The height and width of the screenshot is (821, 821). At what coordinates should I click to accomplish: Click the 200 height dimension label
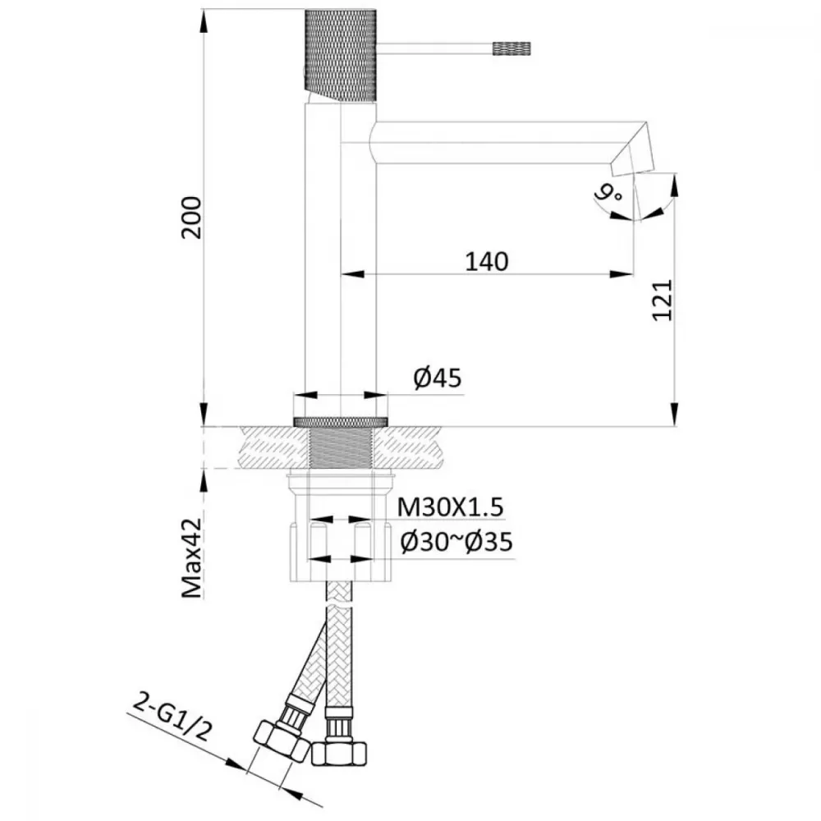click(191, 218)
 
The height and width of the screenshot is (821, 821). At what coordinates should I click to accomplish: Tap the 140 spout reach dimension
click(486, 261)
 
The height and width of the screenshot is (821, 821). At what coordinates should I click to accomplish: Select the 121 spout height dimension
click(662, 300)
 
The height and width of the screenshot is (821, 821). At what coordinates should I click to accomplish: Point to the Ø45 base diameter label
click(438, 378)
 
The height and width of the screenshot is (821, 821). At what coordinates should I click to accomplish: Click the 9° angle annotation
click(608, 195)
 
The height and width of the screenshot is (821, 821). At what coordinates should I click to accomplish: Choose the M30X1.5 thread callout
click(450, 507)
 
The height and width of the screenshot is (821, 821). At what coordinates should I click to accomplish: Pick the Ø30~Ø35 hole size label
click(456, 542)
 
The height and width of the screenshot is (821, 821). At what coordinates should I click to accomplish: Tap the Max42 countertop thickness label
click(191, 557)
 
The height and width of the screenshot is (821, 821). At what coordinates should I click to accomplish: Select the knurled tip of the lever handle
click(511, 48)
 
